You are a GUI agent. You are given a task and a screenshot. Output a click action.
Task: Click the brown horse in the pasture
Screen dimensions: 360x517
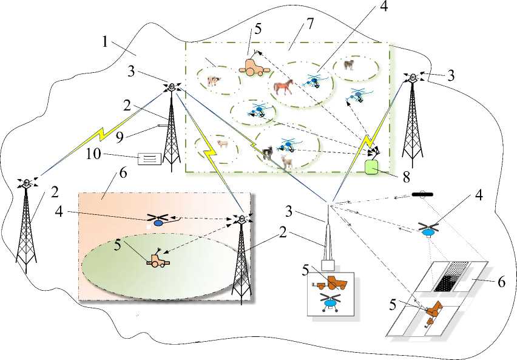pos(283,86)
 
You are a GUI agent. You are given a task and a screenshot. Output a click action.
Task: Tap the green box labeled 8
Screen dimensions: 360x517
pos(371,165)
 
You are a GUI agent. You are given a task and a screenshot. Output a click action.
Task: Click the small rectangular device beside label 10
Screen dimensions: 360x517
pos(150,159)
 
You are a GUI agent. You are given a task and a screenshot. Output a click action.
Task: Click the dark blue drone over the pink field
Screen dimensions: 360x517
pos(158,221)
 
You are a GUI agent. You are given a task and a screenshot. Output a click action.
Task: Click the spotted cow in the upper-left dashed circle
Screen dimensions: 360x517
pos(212,80)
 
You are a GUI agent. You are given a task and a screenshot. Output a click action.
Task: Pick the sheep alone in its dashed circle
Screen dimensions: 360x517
pos(222,144)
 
